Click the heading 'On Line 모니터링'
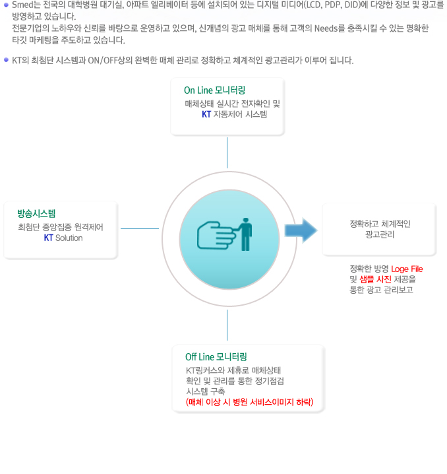(214, 90)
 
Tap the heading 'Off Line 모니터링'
(216, 356)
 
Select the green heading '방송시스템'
(36, 213)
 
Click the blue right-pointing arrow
(301, 230)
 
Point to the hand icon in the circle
(216, 236)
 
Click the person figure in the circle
(245, 234)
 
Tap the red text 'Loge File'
(407, 269)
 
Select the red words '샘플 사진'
(375, 279)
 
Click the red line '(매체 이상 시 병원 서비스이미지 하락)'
(250, 402)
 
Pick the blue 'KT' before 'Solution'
(48, 238)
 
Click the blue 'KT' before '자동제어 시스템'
(206, 114)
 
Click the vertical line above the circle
(227, 152)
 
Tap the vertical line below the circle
(227, 325)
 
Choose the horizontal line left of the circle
(140, 228)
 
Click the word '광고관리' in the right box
(380, 234)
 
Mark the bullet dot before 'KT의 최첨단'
(6, 60)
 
